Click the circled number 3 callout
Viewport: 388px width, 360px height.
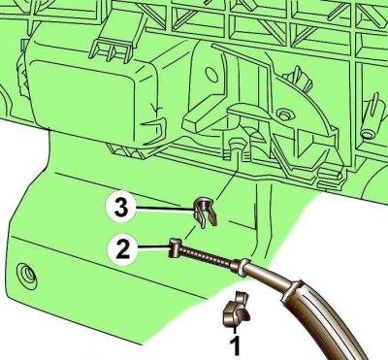120,209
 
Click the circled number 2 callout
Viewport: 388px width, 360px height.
122,248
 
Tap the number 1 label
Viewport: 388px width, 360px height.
236,345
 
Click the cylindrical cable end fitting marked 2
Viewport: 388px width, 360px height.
176,247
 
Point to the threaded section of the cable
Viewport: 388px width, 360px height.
207,257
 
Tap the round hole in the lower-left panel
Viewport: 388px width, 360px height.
27,274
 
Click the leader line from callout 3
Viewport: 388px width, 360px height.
165,210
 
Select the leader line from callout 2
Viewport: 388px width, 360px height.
154,248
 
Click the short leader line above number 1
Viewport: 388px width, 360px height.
235,331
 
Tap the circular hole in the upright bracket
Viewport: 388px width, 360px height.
211,74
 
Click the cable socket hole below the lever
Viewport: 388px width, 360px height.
237,145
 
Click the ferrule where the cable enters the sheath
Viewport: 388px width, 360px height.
241,266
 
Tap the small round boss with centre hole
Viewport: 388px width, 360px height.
284,115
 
